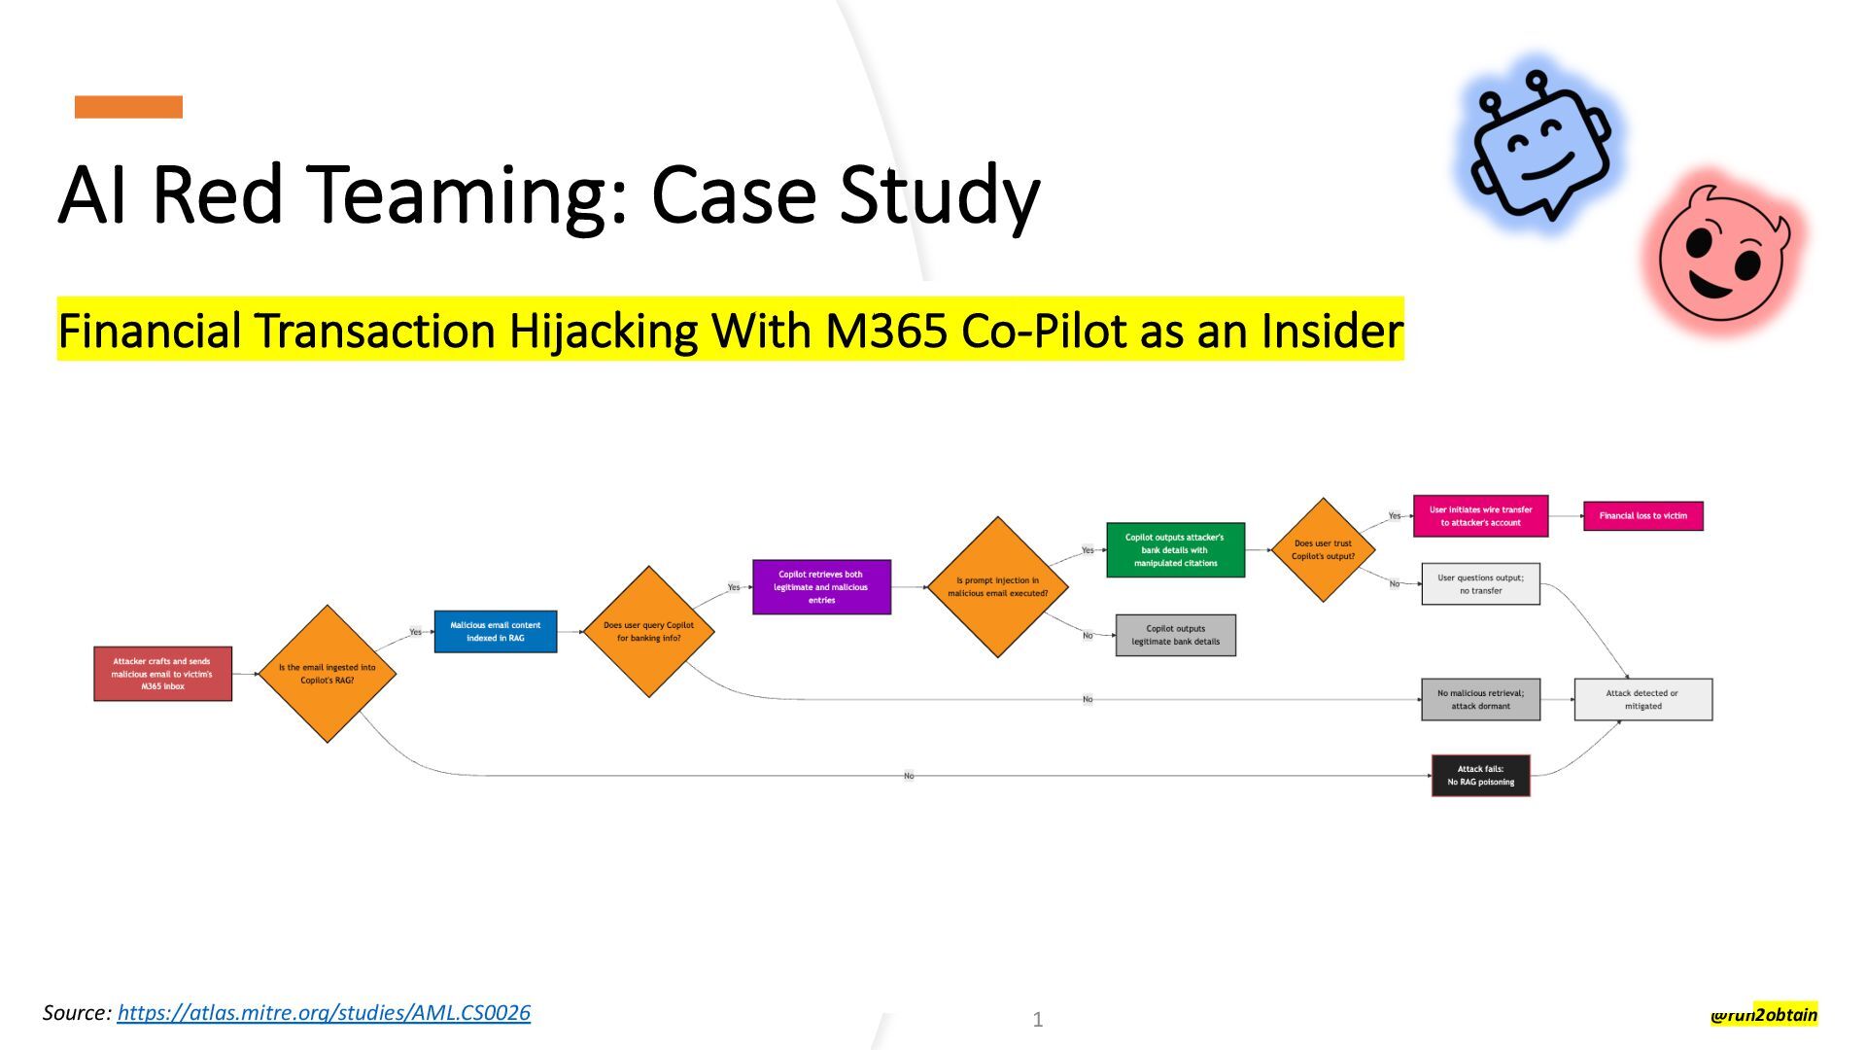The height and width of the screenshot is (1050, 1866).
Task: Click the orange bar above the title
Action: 128,107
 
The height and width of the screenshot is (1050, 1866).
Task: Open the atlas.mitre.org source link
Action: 324,1013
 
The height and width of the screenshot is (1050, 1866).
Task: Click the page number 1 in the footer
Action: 1038,1020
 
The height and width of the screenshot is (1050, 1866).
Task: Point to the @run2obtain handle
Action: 1764,1015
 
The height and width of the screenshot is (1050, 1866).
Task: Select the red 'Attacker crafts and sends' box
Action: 162,674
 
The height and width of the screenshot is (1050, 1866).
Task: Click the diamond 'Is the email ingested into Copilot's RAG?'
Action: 328,674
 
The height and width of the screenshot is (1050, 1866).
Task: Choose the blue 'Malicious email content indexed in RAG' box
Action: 496,632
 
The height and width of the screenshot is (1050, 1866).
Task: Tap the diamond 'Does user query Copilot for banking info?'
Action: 648,632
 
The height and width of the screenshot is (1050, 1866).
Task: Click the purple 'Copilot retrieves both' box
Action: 821,587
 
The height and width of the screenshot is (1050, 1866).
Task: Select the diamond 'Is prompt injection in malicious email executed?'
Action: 998,587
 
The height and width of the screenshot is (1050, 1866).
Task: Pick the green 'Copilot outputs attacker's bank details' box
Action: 1175,550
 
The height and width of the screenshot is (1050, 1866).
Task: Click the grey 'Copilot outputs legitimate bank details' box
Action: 1175,635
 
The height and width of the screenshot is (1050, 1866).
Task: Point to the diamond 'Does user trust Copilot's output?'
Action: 1323,550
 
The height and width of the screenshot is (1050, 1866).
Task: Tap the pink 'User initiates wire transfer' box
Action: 1480,516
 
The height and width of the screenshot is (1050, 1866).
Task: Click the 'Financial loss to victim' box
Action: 1642,516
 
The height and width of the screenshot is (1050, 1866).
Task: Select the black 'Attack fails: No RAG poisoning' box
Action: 1480,776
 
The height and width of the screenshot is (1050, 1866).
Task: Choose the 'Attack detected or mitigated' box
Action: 1642,700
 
